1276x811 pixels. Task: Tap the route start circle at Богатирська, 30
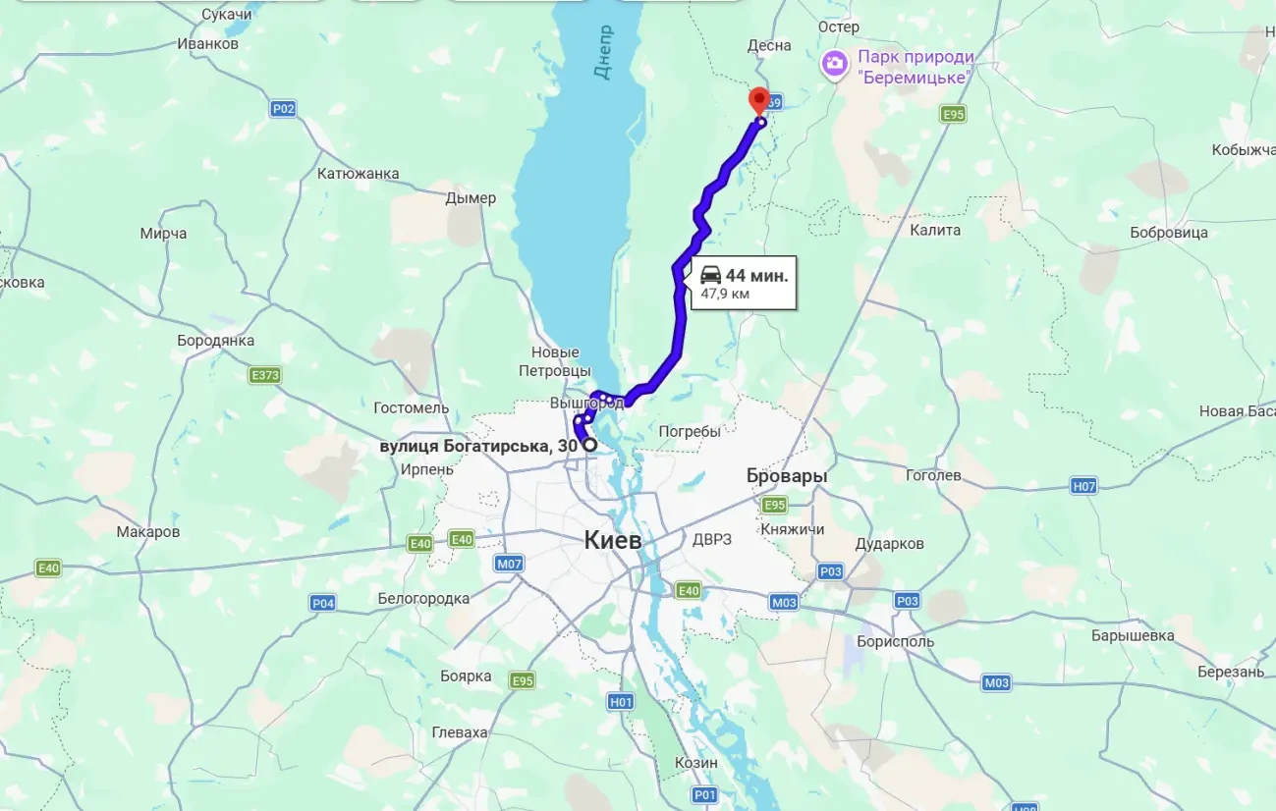[590, 445]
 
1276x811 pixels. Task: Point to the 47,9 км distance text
[725, 294]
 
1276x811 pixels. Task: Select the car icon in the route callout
[711, 276]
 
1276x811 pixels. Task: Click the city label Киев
[612, 539]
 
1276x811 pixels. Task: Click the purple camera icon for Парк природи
[835, 65]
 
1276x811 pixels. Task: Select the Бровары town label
[786, 475]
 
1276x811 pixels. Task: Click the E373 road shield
[264, 375]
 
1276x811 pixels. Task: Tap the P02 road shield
[283, 108]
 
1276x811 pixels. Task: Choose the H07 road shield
[1083, 486]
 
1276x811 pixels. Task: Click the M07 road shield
[509, 563]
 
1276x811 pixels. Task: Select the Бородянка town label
[215, 341]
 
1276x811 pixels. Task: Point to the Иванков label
[207, 43]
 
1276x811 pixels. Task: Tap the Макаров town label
[148, 531]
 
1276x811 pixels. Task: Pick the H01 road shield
[621, 701]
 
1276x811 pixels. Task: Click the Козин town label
[695, 762]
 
